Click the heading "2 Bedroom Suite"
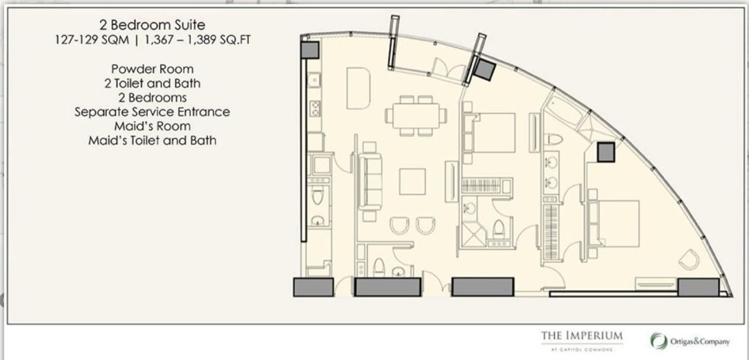(x=153, y=25)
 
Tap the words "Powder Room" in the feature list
(x=153, y=69)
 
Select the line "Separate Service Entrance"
(x=153, y=112)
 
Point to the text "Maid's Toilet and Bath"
(x=153, y=140)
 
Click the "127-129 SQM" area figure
(x=92, y=40)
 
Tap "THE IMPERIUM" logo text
(x=582, y=335)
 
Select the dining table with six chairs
(x=416, y=116)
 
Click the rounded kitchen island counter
(x=359, y=88)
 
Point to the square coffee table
(x=412, y=182)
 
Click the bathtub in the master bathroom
(x=564, y=111)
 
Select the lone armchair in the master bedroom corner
(x=689, y=259)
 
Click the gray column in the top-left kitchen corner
(x=309, y=50)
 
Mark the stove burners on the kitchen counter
(x=315, y=108)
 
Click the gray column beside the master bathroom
(x=605, y=153)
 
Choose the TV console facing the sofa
(x=451, y=182)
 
